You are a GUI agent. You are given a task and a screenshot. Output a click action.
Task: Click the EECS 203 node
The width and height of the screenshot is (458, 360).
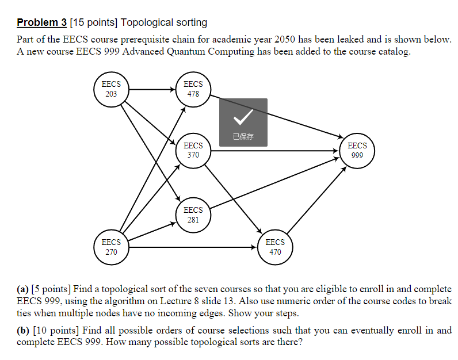(x=111, y=89)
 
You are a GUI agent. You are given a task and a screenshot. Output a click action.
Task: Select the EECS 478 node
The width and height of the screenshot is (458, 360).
(x=193, y=89)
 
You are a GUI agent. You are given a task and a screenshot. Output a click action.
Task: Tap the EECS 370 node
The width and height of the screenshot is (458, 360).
(x=193, y=151)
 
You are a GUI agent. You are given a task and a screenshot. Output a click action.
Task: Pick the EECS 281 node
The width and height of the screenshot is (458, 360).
(x=193, y=215)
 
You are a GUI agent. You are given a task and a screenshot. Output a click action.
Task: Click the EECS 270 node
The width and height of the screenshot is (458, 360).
(x=111, y=247)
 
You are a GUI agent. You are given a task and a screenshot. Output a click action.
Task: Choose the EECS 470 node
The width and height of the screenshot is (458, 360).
(x=275, y=247)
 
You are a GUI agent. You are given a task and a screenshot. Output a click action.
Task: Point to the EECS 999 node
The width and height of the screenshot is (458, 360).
(x=357, y=151)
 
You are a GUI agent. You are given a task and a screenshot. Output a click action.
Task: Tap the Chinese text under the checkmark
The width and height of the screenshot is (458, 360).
(x=243, y=137)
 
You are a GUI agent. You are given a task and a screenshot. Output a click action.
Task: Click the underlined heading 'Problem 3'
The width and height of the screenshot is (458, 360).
(x=41, y=23)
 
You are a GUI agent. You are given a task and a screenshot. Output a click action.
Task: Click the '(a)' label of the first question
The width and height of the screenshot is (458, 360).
(x=23, y=289)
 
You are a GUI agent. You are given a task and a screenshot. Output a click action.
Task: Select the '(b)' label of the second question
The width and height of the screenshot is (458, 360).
(x=23, y=331)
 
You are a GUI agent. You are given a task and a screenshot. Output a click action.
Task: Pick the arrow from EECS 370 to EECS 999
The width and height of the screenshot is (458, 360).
(x=276, y=151)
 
